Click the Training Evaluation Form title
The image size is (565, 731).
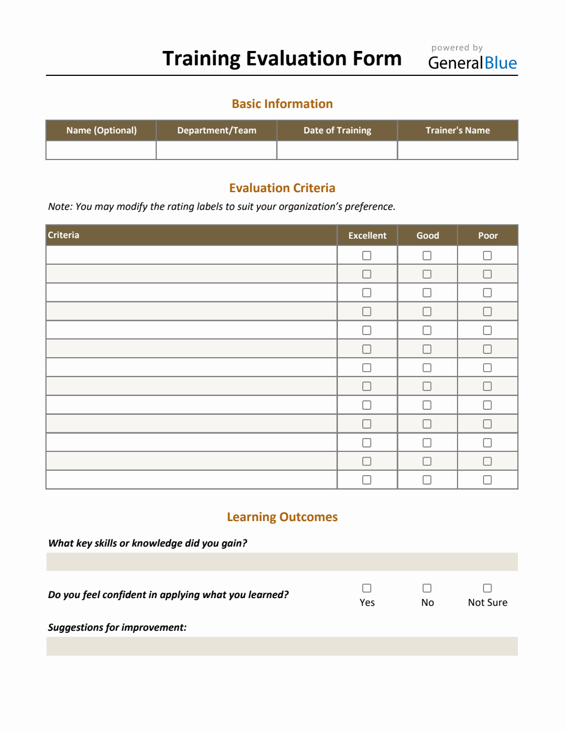[282, 59]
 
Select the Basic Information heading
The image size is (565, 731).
[282, 104]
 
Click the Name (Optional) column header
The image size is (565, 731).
[101, 131]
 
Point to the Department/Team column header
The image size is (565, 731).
[217, 131]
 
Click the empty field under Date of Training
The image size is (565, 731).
[337, 150]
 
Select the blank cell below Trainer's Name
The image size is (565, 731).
[458, 150]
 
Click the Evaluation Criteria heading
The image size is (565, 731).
[282, 188]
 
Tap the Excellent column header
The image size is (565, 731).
[367, 235]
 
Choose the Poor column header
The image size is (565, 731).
[488, 235]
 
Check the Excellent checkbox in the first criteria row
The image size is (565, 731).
[367, 255]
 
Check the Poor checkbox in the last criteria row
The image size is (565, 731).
[487, 480]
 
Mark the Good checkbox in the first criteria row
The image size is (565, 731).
[427, 255]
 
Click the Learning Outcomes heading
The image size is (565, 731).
[282, 517]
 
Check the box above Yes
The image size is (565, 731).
[367, 588]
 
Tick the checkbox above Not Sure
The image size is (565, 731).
[487, 588]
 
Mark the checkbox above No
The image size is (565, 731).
[427, 588]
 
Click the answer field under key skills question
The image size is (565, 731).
[282, 562]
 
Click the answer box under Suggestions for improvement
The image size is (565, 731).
[282, 646]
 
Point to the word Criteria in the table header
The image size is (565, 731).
[64, 235]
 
